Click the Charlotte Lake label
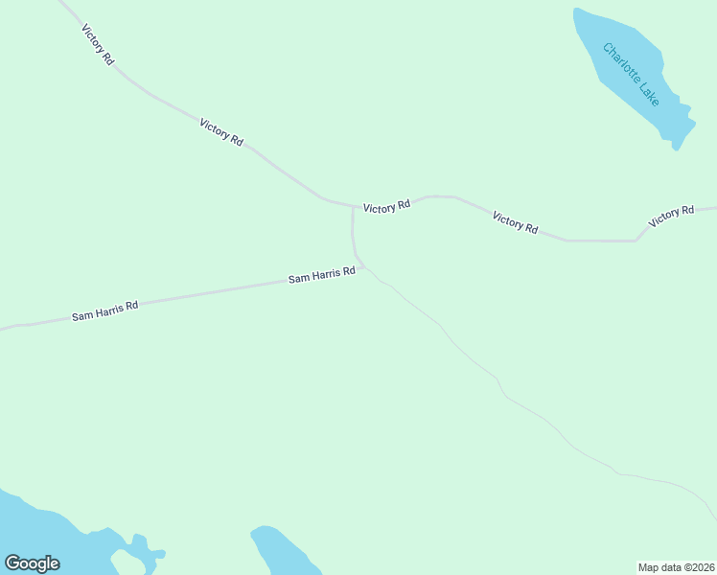pos(632,74)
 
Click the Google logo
pos(32,563)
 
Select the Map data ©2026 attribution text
pos(676,566)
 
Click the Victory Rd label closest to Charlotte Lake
pos(670,216)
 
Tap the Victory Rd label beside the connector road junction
pos(386,205)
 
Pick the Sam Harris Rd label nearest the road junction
pos(322,276)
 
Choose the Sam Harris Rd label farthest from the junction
pos(105,310)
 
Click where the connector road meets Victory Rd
pos(353,206)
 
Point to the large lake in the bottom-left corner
pos(38,532)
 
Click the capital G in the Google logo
pos(12,563)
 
